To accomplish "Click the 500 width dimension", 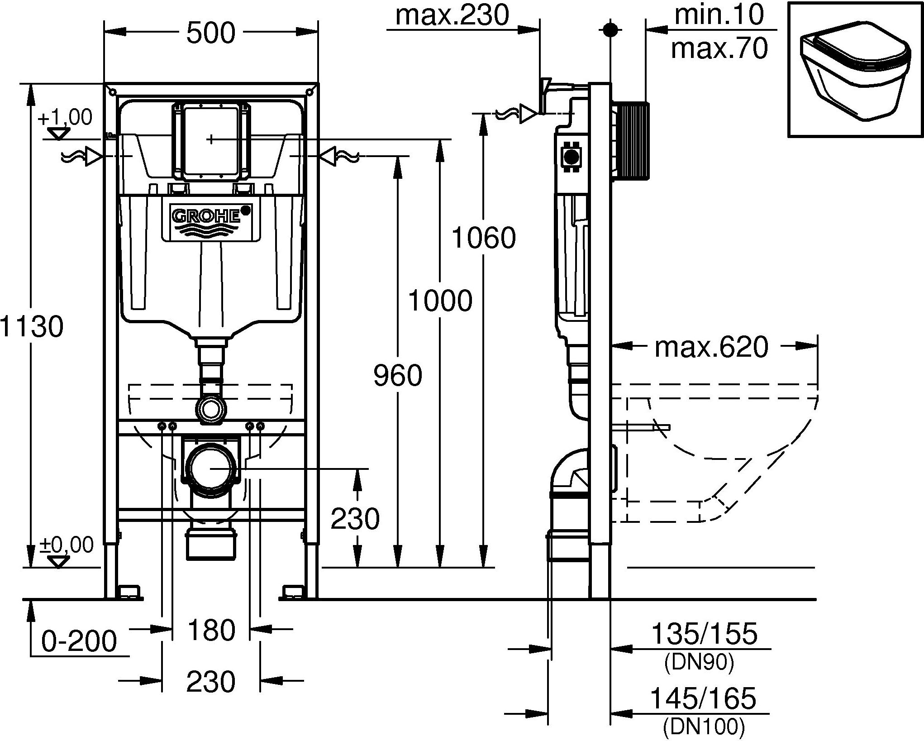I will (211, 33).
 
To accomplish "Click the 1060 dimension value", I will (484, 238).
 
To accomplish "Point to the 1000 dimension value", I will (440, 300).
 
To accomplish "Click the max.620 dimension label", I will (711, 347).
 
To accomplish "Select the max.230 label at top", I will (452, 15).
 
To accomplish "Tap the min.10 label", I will (719, 15).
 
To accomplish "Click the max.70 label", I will (719, 48).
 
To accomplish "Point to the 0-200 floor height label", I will (79, 641).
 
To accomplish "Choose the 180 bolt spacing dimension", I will (211, 630).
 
